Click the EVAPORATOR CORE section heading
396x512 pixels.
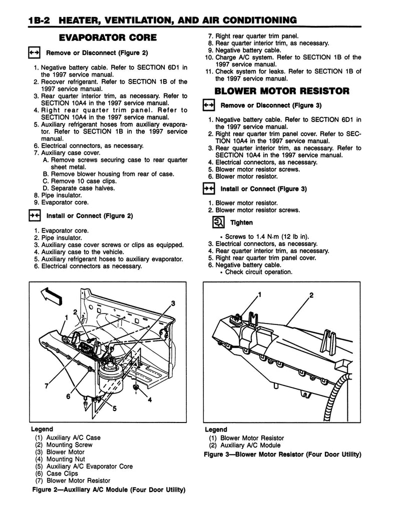108,37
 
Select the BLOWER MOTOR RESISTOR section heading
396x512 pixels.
282,91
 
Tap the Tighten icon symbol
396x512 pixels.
218,222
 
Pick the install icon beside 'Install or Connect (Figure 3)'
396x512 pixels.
208,189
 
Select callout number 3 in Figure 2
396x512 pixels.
173,303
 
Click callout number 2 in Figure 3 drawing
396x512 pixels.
311,295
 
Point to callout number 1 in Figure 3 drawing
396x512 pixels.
260,295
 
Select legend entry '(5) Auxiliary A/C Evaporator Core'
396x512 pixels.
84,466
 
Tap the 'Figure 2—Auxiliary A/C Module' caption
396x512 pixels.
108,489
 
